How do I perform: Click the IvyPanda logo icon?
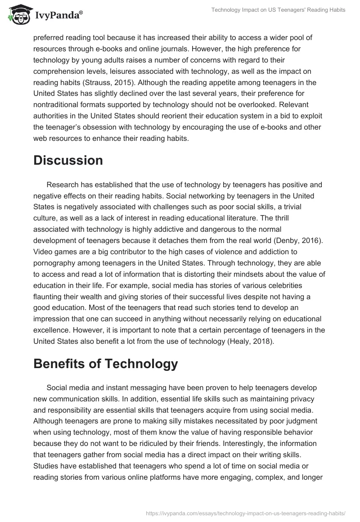pyautogui.click(x=17, y=14)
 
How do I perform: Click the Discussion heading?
pyautogui.click(x=68, y=160)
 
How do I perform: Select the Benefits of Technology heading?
pyautogui.click(x=105, y=351)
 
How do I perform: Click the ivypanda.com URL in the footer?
pyautogui.click(x=245, y=513)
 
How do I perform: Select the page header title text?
pyautogui.click(x=278, y=10)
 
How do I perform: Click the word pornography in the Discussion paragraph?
pyautogui.click(x=57, y=263)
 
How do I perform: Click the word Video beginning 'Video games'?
pyautogui.click(x=43, y=252)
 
